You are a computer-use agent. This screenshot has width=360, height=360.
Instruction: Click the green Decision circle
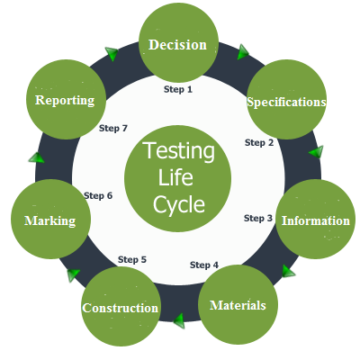pyautogui.click(x=178, y=42)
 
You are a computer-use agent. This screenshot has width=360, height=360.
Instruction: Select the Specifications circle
pyautogui.click(x=286, y=99)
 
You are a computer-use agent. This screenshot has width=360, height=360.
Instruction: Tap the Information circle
pyautogui.click(x=315, y=220)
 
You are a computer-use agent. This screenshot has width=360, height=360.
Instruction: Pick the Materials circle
pyautogui.click(x=238, y=304)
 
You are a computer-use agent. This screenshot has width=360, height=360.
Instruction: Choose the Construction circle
pyautogui.click(x=121, y=306)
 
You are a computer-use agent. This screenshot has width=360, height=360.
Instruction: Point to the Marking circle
pyautogui.click(x=50, y=220)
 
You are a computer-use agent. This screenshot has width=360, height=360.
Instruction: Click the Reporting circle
pyautogui.click(x=66, y=99)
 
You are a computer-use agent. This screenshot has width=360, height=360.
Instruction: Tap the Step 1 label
pyautogui.click(x=178, y=89)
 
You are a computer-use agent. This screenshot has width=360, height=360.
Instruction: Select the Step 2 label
pyautogui.click(x=259, y=142)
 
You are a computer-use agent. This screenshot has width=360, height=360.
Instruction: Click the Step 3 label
pyautogui.click(x=258, y=218)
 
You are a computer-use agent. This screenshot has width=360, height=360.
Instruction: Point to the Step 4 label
pyautogui.click(x=204, y=265)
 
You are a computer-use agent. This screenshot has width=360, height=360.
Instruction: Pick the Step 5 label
pyautogui.click(x=132, y=259)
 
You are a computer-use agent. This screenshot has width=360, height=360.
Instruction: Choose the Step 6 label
pyautogui.click(x=98, y=195)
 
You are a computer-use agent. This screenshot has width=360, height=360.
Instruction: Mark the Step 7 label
pyautogui.click(x=113, y=128)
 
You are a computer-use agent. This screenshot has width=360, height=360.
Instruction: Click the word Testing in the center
pyautogui.click(x=179, y=151)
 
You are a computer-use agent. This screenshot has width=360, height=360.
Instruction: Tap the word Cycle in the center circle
pyautogui.click(x=179, y=205)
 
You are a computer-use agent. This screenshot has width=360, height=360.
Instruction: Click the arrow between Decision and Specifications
pyautogui.click(x=243, y=52)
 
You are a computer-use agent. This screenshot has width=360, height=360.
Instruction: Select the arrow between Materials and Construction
pyautogui.click(x=179, y=320)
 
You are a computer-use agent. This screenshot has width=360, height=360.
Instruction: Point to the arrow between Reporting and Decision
pyautogui.click(x=112, y=54)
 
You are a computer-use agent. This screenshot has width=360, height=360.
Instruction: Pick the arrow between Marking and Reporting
pyautogui.click(x=37, y=157)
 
